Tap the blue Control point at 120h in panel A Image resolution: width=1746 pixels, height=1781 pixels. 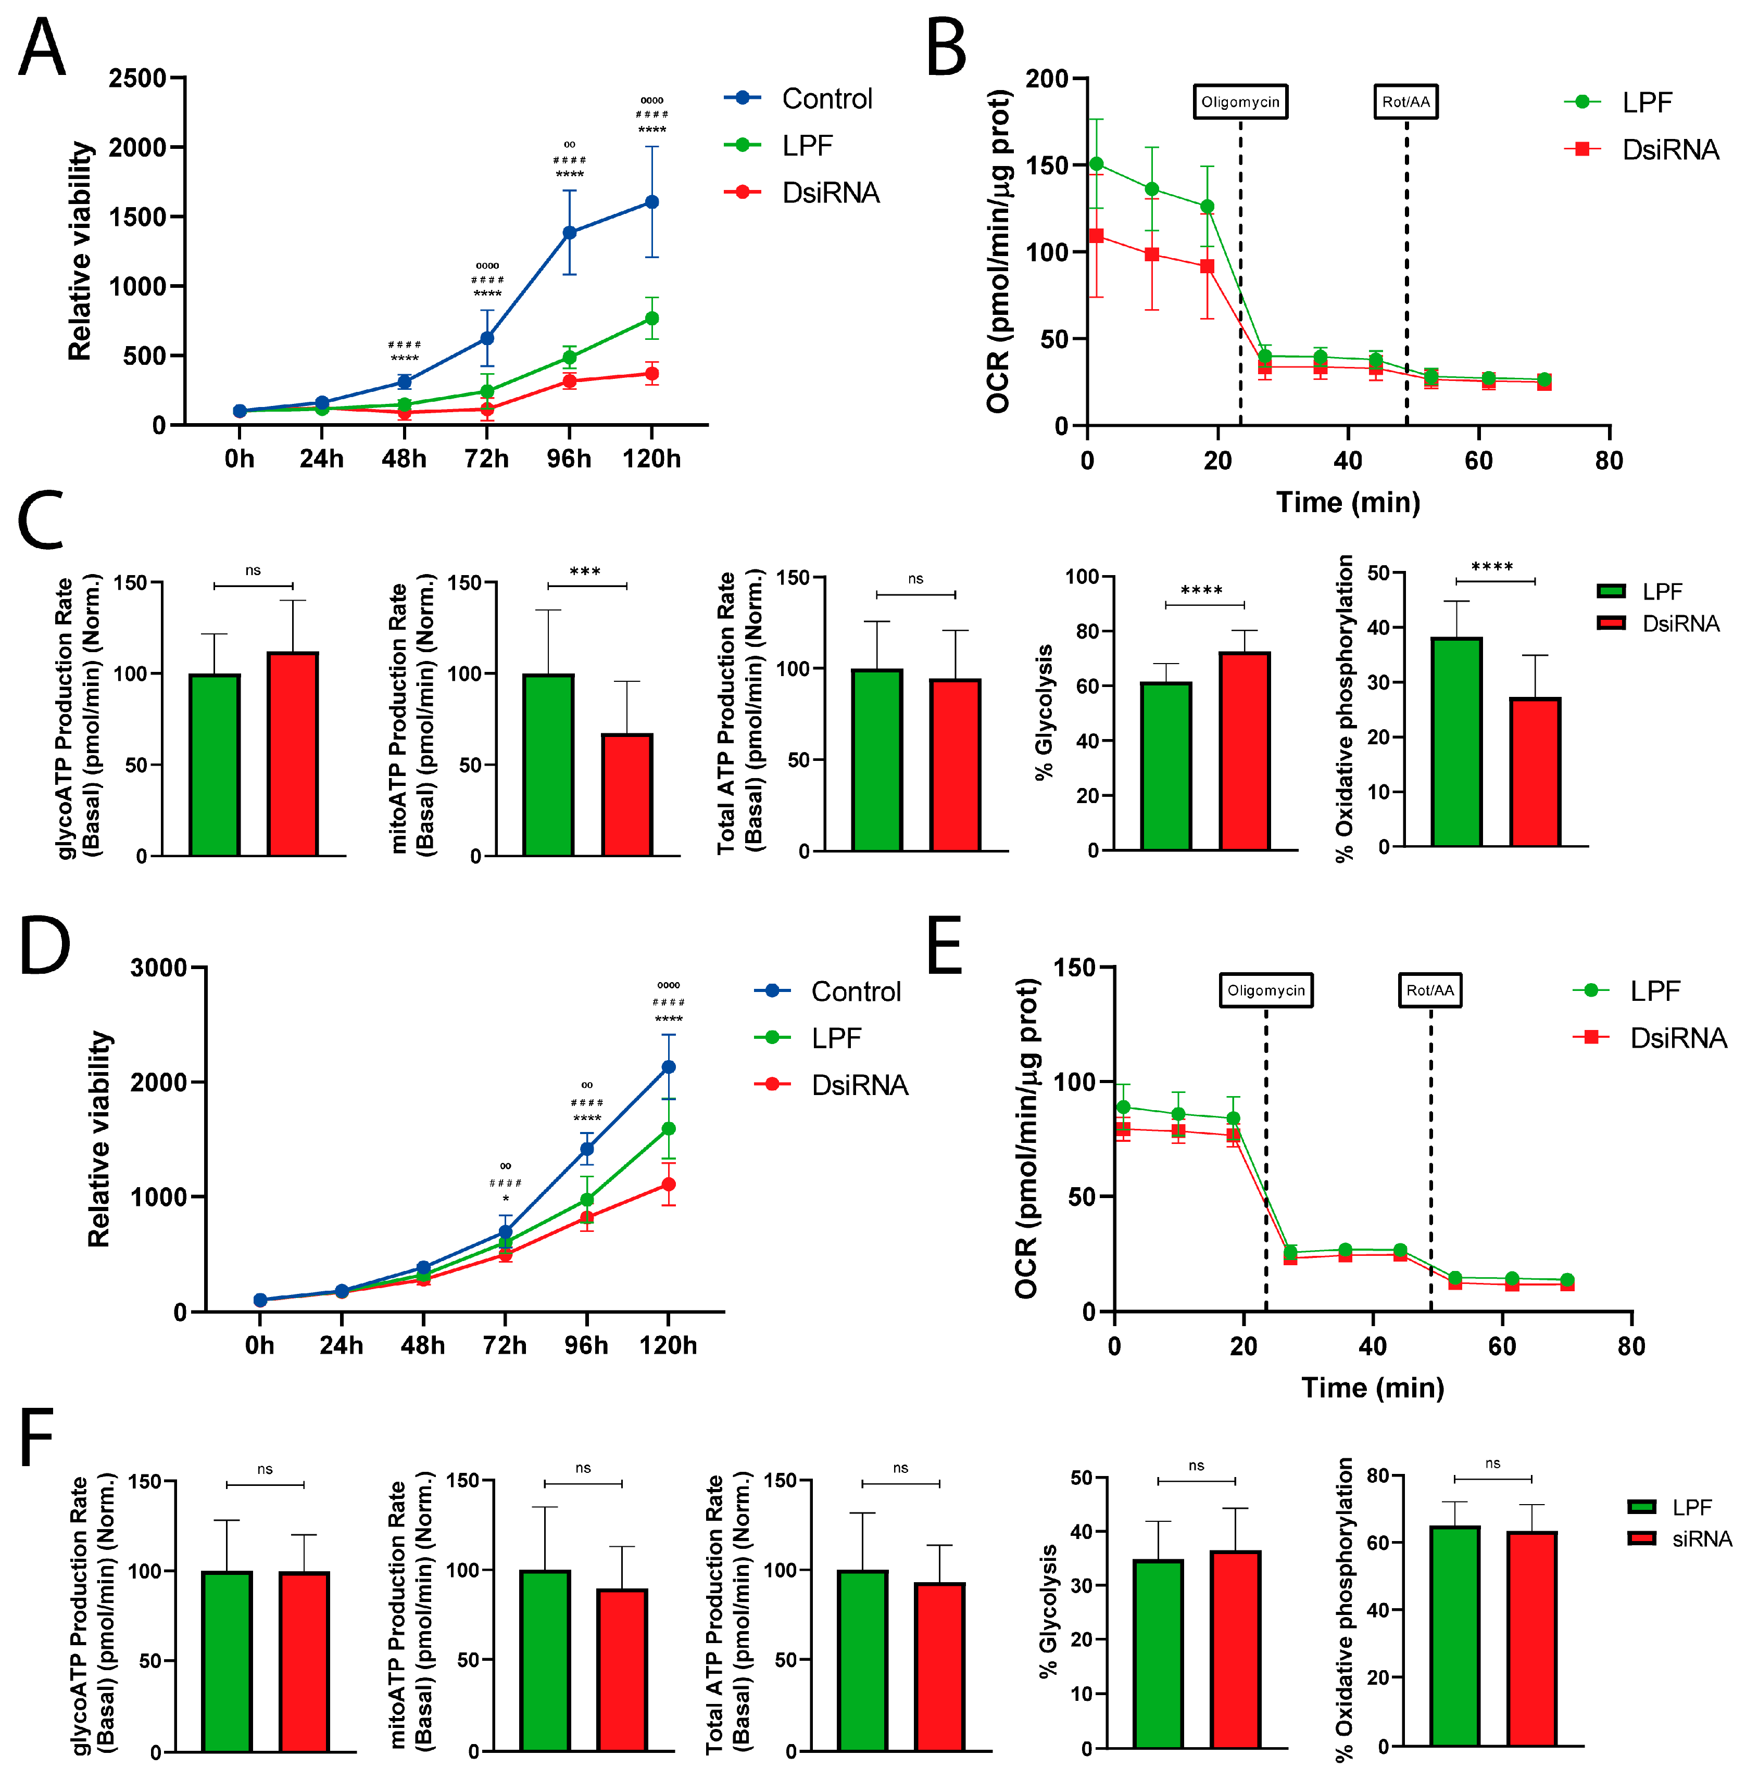[x=652, y=201]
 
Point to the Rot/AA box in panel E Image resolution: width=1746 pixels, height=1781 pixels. [x=1429, y=990]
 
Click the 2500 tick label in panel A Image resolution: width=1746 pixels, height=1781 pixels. [x=137, y=79]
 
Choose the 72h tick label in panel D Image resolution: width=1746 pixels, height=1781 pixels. [x=505, y=1345]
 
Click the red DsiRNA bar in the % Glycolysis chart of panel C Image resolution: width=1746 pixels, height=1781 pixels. [x=1245, y=752]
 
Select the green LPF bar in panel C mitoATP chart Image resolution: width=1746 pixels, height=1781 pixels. [x=548, y=766]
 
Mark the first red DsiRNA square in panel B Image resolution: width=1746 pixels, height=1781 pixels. [x=1096, y=236]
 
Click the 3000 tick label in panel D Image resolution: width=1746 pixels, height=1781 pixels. [x=159, y=968]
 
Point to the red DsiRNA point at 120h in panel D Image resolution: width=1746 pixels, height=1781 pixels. [x=669, y=1184]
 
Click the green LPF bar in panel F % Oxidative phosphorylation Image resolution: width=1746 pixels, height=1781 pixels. [x=1454, y=1636]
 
